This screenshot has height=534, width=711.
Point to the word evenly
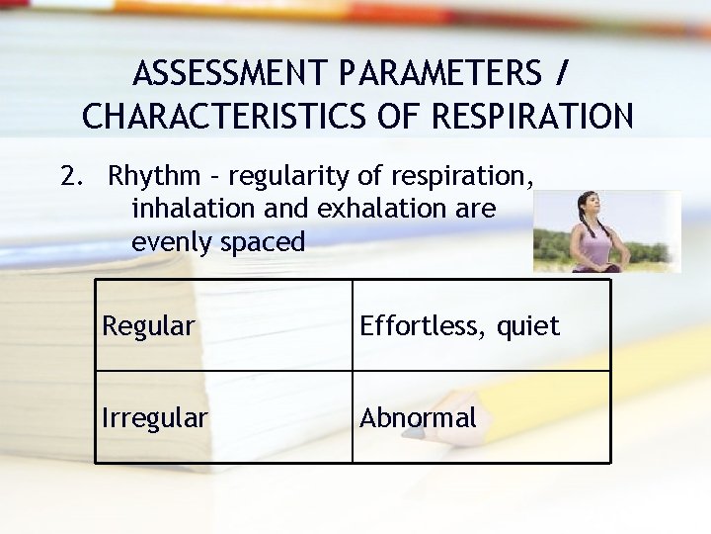[171, 241]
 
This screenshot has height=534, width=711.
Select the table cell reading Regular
[148, 326]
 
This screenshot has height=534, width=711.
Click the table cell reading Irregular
[155, 418]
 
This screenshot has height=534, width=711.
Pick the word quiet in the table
[527, 326]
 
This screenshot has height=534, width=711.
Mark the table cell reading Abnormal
[418, 418]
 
